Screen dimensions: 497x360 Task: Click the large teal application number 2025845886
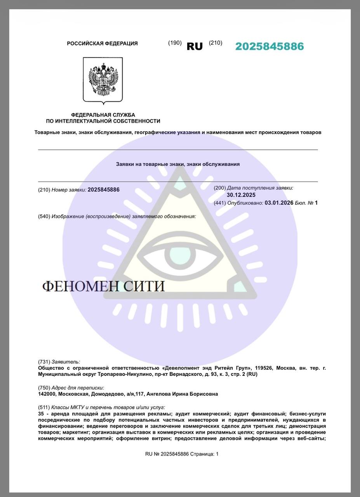point(270,47)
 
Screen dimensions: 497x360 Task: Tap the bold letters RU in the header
point(195,47)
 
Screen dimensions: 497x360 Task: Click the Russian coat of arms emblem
point(103,80)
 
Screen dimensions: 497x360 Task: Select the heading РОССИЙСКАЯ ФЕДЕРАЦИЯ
point(102,43)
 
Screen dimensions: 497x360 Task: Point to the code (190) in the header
point(175,43)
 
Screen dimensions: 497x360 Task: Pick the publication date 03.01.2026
point(279,203)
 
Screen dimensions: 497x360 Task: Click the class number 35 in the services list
point(41,414)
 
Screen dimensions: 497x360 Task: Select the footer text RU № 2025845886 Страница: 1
point(182,454)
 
